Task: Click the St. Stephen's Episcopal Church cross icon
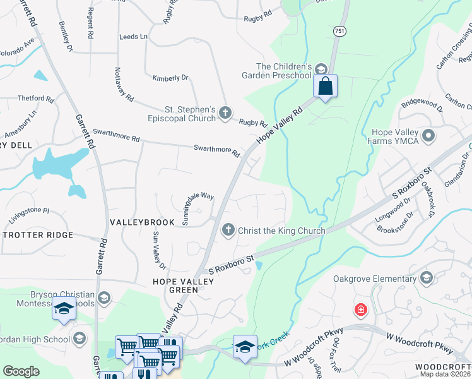(x=226, y=114)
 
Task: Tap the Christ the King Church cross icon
(x=228, y=231)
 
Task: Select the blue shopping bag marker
(x=325, y=85)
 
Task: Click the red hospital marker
(x=360, y=310)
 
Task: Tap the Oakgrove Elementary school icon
(x=427, y=278)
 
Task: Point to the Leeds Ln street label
(x=133, y=37)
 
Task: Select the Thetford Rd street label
(x=35, y=99)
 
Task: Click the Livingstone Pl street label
(x=28, y=210)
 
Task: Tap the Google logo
(x=21, y=371)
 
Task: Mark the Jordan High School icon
(x=80, y=339)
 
